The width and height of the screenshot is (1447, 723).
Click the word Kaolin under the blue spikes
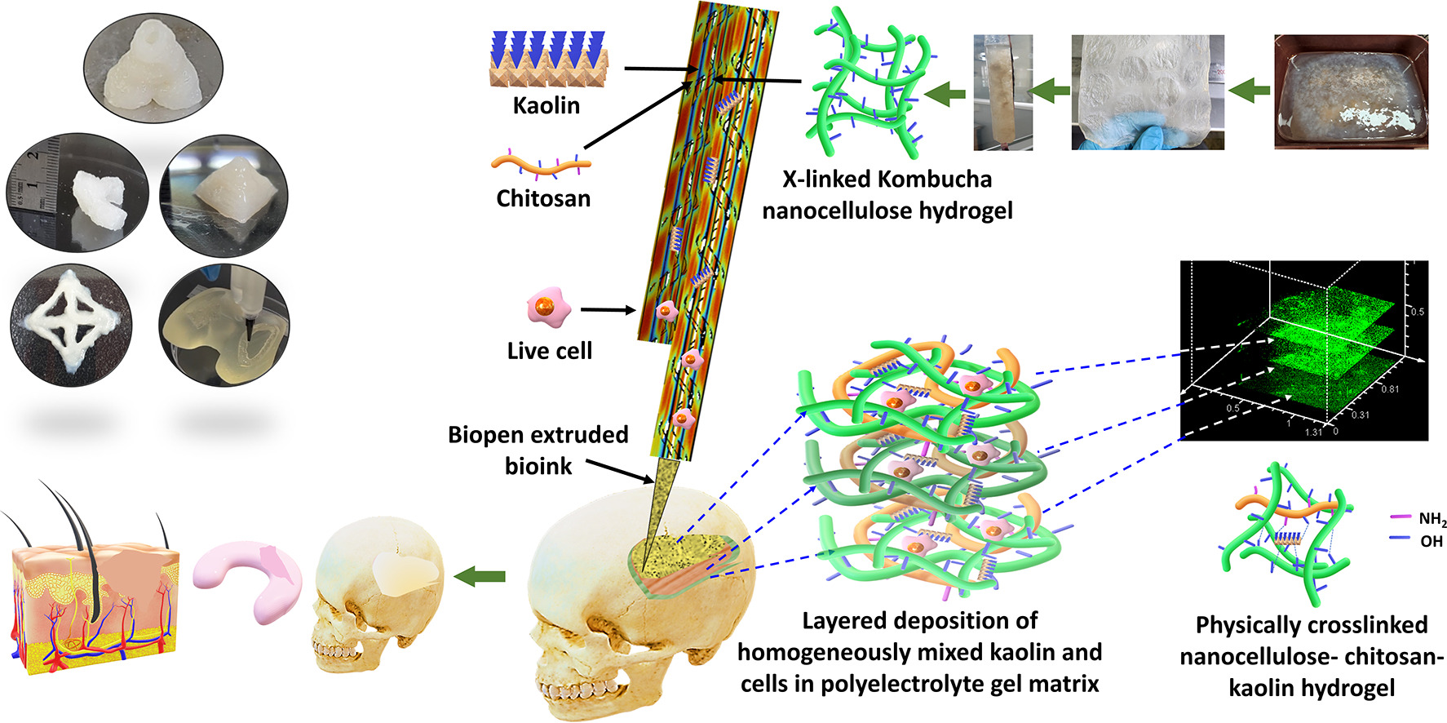pos(546,105)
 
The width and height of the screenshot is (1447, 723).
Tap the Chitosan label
pos(543,198)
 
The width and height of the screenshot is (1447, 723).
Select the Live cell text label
pos(549,351)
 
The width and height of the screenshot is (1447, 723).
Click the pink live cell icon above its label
pos(547,308)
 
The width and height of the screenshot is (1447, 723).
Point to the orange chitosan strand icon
pos(541,166)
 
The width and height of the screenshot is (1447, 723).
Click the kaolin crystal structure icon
pos(546,60)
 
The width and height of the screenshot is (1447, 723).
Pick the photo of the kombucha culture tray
pos(1351,91)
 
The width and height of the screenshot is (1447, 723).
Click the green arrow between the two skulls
pos(479,577)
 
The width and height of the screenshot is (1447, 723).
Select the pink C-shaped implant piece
pos(247,579)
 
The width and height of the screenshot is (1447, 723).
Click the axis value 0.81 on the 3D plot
pos(1389,389)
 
